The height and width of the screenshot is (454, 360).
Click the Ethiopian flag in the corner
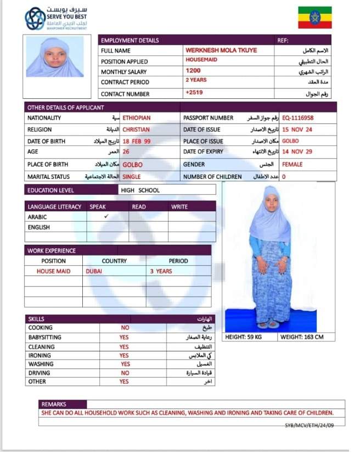314,17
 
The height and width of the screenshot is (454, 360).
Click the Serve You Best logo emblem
35,19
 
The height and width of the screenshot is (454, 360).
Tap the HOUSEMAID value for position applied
201,59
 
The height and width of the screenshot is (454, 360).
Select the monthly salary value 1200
193,71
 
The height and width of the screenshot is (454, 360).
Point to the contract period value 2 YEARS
196,80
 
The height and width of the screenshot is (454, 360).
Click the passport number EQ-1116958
298,117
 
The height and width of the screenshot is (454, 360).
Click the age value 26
126,152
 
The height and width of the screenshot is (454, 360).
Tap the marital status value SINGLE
132,177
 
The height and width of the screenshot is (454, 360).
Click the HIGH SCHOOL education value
142,190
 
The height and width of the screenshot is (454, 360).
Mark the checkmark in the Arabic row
106,216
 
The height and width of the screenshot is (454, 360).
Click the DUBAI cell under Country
94,271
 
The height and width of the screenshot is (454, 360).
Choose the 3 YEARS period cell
161,271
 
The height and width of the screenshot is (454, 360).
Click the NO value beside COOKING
125,328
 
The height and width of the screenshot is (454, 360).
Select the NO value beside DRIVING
125,373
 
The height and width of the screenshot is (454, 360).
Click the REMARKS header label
53,404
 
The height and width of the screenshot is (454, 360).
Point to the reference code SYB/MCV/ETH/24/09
308,425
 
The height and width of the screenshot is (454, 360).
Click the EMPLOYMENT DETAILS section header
130,40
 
